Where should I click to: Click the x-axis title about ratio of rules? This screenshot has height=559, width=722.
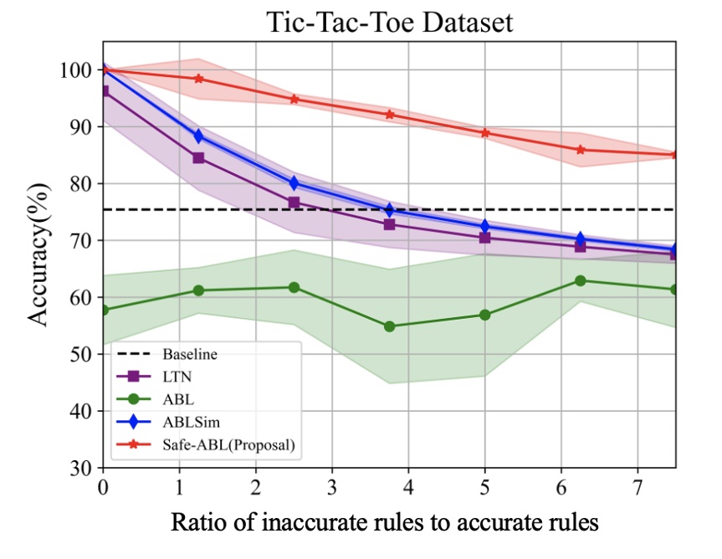point(385,523)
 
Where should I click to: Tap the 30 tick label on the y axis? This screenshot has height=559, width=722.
point(80,468)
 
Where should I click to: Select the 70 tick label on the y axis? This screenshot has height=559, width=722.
point(80,241)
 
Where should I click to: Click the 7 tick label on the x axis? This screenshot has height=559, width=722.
point(638,486)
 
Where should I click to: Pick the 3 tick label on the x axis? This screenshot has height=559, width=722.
point(332,486)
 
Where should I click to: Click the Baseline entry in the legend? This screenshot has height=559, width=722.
point(189,354)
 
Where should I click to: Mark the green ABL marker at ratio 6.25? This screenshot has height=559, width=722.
point(581,280)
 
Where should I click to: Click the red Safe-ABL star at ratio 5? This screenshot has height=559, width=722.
point(485,133)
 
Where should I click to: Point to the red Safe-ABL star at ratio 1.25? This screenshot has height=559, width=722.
point(199,79)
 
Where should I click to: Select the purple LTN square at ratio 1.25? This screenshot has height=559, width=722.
point(199,157)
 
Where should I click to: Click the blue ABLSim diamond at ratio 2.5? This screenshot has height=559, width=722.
point(294,183)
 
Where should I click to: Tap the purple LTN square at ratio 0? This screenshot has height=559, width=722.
point(104,90)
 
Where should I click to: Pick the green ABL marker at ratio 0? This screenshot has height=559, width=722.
point(104,310)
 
